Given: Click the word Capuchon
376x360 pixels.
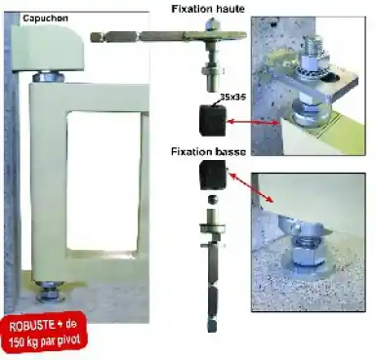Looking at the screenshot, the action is tap(45, 18).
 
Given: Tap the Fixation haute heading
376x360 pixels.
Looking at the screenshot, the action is tap(208, 9).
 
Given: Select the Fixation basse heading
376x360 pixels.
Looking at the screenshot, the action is tap(208, 151).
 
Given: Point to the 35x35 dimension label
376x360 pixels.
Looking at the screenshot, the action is tap(232, 97).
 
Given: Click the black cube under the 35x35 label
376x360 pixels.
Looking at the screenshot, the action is tap(212, 119).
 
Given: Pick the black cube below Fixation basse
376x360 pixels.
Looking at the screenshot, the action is tap(213, 175).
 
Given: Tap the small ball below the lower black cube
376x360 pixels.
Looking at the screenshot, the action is tap(213, 200).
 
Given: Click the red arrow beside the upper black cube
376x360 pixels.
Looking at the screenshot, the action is tap(253, 122).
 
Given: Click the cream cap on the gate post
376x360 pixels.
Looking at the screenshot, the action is tap(47, 49).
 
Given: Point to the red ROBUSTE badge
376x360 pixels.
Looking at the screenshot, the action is tap(44, 333).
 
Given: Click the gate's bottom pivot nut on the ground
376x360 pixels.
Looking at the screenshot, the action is tap(50, 294).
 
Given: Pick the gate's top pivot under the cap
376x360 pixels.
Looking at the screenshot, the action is tap(48, 77).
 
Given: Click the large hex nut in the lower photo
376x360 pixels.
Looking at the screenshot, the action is tap(305, 255).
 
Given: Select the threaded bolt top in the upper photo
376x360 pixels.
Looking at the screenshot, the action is tap(313, 46).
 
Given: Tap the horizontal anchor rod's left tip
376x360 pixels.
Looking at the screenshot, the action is tap(91, 37).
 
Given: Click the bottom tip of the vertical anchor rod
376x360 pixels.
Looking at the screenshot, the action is tap(212, 331).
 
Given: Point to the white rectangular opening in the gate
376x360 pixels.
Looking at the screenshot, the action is tap(104, 180).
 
